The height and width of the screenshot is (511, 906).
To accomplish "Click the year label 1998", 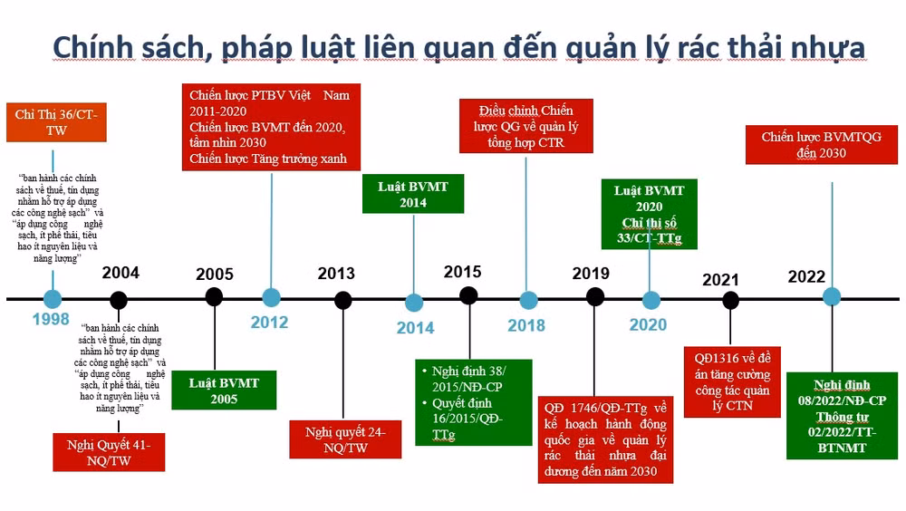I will (x=51, y=320).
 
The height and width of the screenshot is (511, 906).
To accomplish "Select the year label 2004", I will (x=120, y=274).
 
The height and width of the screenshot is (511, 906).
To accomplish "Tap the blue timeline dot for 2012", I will (x=271, y=297).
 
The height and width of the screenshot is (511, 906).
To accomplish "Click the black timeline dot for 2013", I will (x=342, y=299).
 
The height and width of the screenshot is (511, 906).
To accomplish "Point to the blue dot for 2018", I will (x=528, y=299).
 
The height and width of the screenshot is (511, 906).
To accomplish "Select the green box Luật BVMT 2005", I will (x=224, y=390).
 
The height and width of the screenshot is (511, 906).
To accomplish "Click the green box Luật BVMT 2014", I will (x=413, y=195).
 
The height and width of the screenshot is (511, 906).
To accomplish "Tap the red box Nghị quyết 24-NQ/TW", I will (x=345, y=439).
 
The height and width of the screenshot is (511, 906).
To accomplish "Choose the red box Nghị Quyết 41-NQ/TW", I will (x=109, y=452).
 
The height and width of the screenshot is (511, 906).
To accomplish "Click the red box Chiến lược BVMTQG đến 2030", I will (x=821, y=145).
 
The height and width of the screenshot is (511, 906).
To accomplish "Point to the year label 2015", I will (x=463, y=272).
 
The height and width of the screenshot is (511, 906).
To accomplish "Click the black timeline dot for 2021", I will (x=730, y=300).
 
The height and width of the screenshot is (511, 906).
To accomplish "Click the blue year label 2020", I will (x=648, y=325).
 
